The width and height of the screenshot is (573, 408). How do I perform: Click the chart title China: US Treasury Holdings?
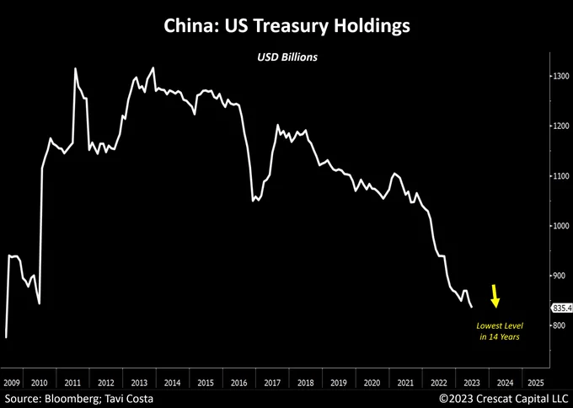[x=286, y=27]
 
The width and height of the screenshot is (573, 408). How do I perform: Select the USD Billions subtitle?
[x=286, y=59]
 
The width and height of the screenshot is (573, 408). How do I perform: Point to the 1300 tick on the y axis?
[x=560, y=77]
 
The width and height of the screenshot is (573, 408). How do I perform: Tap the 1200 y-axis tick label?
[x=560, y=126]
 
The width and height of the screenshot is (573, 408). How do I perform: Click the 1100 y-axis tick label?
[x=560, y=176]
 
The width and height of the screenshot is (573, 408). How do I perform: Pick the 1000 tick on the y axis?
[x=560, y=226]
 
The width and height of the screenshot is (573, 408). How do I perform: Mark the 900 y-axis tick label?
[x=559, y=276]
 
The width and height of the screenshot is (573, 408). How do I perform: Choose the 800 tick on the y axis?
[x=559, y=325]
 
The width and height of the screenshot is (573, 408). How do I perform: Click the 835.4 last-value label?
[x=561, y=308]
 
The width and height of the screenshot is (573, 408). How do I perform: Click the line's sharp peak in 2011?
[x=76, y=68]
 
